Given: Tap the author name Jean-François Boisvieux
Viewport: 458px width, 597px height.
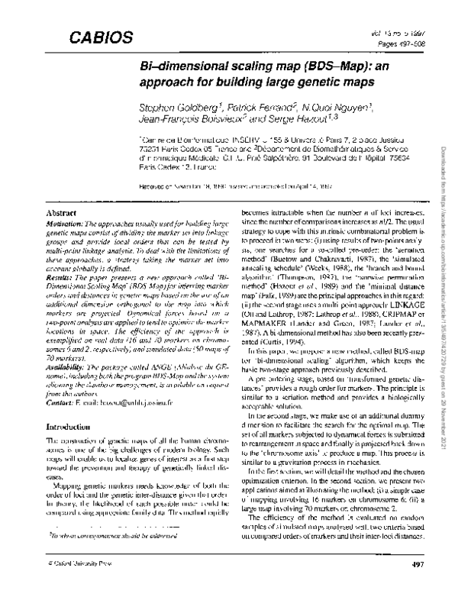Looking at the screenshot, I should point(189,121).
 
